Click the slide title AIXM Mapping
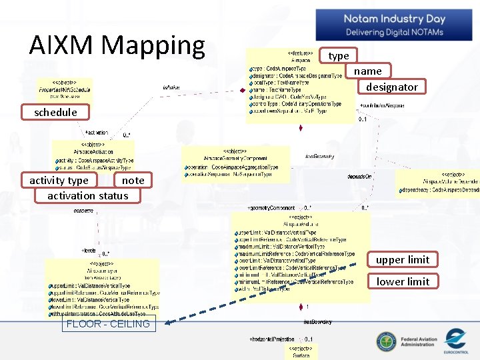pyautogui.click(x=117, y=45)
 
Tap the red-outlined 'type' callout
pyautogui.click(x=339, y=56)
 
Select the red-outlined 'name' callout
pyautogui.click(x=368, y=71)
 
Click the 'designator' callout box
pyautogui.click(x=392, y=87)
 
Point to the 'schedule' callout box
pyautogui.click(x=55, y=112)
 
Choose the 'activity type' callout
pyautogui.click(x=59, y=180)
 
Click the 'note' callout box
pyautogui.click(x=133, y=180)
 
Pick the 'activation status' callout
pyautogui.click(x=87, y=195)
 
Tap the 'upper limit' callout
pyautogui.click(x=403, y=259)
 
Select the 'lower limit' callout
pyautogui.click(x=403, y=281)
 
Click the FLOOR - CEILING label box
pyautogui.click(x=109, y=324)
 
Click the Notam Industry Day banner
pyautogui.click(x=394, y=25)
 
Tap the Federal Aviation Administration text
pyautogui.click(x=419, y=342)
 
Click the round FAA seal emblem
pyautogui.click(x=387, y=342)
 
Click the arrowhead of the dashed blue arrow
pyautogui.click(x=169, y=322)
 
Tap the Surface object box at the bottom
pyautogui.click(x=301, y=351)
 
